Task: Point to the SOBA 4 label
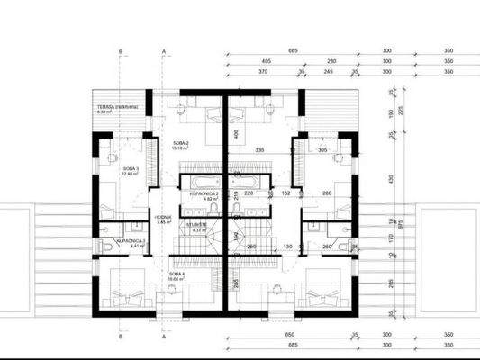[176, 274]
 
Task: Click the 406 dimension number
[232, 135]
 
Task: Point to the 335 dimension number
[258, 149]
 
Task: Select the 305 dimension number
[323, 150]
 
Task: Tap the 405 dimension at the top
[267, 62]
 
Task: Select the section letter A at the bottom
[163, 343]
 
